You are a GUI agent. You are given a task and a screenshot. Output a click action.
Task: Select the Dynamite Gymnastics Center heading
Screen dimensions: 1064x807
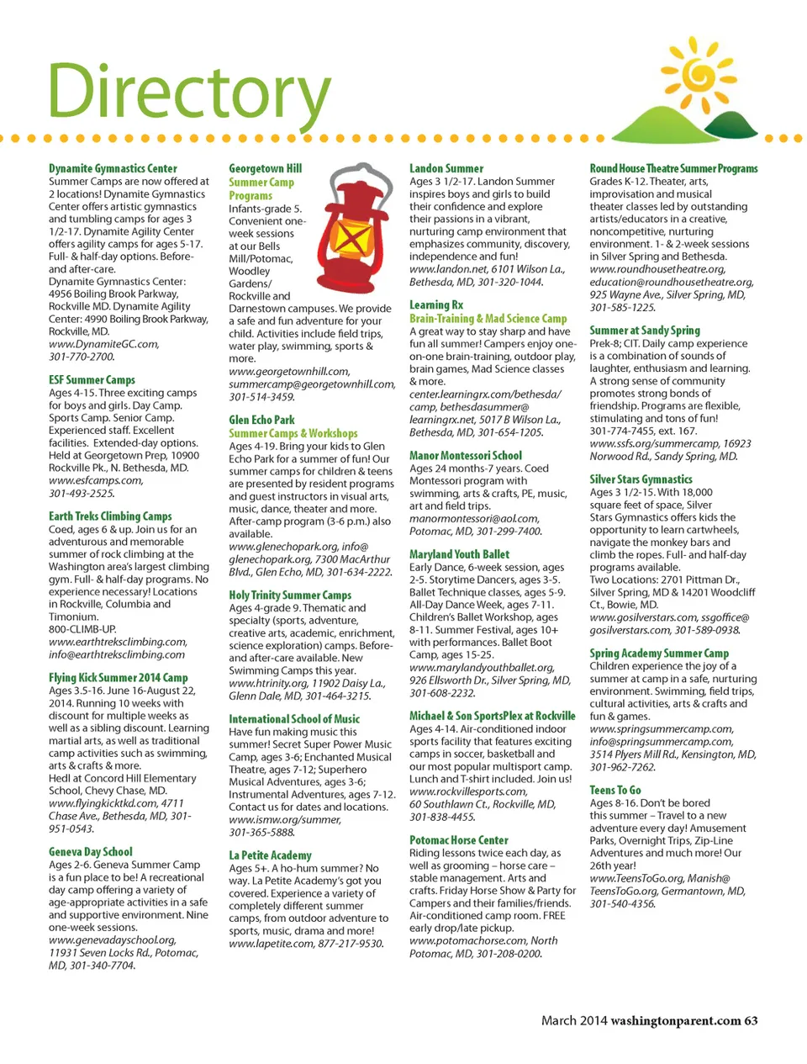pyautogui.click(x=113, y=168)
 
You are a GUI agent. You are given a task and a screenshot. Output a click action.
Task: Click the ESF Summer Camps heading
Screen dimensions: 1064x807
pyautogui.click(x=92, y=380)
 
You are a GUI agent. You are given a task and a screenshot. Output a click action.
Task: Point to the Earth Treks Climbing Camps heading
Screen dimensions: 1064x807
pyautogui.click(x=110, y=516)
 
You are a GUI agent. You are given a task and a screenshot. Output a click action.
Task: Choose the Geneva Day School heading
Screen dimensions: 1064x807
pyautogui.click(x=91, y=852)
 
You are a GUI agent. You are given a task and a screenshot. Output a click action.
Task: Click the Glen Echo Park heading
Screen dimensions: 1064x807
pyautogui.click(x=261, y=420)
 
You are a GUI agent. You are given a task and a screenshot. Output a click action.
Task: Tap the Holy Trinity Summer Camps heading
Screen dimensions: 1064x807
pyautogui.click(x=290, y=595)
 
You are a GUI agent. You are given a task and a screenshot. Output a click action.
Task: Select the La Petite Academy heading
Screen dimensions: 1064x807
pyautogui.click(x=270, y=855)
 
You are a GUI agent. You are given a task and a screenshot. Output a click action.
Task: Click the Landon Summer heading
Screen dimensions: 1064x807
pyautogui.click(x=446, y=168)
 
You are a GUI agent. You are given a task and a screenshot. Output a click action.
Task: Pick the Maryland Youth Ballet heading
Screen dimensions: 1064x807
pyautogui.click(x=459, y=554)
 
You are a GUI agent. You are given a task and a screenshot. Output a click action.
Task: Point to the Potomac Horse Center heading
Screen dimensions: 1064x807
pyautogui.click(x=459, y=840)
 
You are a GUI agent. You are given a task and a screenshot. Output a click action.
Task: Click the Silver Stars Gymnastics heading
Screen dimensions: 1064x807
pyautogui.click(x=641, y=479)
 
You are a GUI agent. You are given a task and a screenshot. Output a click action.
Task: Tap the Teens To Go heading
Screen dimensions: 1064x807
pyautogui.click(x=614, y=791)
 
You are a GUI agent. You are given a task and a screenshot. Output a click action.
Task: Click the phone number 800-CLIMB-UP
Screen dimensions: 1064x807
pyautogui.click(x=82, y=629)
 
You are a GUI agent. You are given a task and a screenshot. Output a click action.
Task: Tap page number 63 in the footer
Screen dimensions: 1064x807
pyautogui.click(x=751, y=1020)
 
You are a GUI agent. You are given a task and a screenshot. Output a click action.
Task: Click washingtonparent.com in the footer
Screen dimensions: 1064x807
pyautogui.click(x=675, y=1020)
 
